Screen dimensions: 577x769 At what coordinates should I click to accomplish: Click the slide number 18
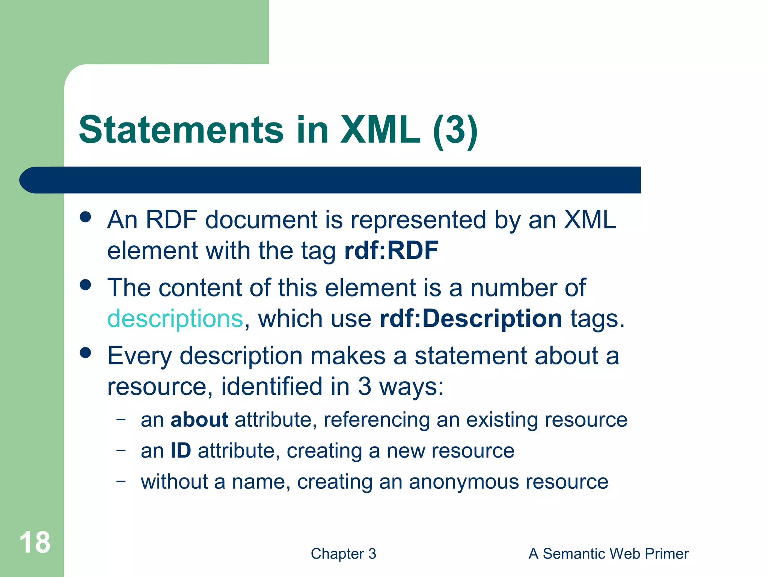coord(35,542)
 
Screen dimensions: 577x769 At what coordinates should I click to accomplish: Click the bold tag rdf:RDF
coord(391,251)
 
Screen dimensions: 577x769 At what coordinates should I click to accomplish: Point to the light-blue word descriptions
coord(175,319)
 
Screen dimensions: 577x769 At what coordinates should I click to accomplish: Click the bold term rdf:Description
coord(470,319)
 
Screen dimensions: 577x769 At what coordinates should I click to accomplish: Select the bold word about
coord(199,420)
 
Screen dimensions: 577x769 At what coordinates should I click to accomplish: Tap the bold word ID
coord(181,450)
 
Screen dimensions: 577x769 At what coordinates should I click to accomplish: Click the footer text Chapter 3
coord(343,554)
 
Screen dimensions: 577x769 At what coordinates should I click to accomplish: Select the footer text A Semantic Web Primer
coord(608,554)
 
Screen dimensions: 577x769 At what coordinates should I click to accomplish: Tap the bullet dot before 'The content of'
coord(86,285)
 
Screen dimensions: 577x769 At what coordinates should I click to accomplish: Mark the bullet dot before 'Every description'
coord(86,353)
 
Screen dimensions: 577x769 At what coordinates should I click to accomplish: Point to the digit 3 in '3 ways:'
coord(365,386)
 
